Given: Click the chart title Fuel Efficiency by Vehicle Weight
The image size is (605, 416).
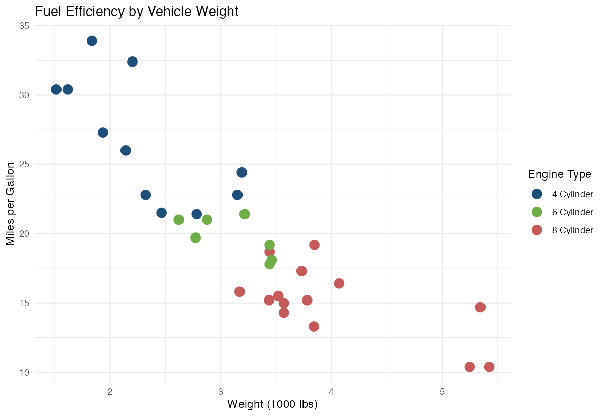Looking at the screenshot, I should pyautogui.click(x=137, y=11).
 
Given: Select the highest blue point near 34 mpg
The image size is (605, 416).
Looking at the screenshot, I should pyautogui.click(x=92, y=41).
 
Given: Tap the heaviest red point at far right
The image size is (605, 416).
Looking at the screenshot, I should pyautogui.click(x=489, y=367).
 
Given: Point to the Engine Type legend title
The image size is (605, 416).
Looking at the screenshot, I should pyautogui.click(x=560, y=174).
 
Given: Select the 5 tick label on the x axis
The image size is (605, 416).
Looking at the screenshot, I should pyautogui.click(x=442, y=392).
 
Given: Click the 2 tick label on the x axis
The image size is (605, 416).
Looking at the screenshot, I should pyautogui.click(x=110, y=392).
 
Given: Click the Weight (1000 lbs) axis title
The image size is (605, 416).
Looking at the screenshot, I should pyautogui.click(x=272, y=404).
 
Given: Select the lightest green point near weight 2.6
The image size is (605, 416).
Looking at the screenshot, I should pyautogui.click(x=178, y=220).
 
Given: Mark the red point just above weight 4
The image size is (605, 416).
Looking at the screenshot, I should pyautogui.click(x=339, y=283).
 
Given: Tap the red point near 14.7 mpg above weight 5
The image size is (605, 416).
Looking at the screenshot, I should pyautogui.click(x=480, y=307).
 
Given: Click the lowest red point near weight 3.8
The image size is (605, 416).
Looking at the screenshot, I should pyautogui.click(x=314, y=326).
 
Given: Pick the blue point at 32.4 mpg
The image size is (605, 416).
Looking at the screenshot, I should pyautogui.click(x=132, y=62).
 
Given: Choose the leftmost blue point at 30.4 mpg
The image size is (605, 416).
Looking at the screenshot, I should pyautogui.click(x=56, y=89).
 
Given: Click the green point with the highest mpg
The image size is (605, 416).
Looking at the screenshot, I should pyautogui.click(x=245, y=214).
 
